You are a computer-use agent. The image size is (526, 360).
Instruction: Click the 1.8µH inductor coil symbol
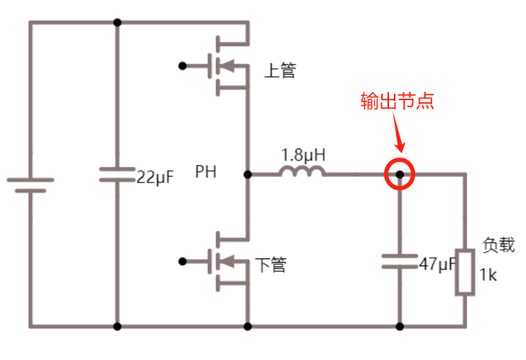(302, 171)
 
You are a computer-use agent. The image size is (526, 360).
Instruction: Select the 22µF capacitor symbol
(117, 175)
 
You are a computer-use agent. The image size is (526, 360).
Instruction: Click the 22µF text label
(155, 178)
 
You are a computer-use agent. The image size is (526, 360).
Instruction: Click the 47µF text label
(437, 264)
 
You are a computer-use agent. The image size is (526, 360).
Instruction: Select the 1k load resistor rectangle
(465, 272)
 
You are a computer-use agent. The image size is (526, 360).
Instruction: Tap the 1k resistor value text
(488, 275)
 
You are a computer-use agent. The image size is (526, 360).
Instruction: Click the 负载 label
(498, 246)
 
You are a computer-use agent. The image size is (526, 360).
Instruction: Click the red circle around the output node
(400, 174)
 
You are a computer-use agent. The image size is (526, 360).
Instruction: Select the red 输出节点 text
(397, 102)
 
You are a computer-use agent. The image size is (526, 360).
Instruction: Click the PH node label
(206, 173)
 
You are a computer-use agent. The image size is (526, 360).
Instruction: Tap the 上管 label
(280, 71)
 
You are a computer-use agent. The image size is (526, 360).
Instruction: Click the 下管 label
(270, 265)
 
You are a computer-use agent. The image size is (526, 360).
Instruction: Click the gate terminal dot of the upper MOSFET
(182, 66)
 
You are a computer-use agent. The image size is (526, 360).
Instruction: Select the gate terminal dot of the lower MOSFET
(182, 261)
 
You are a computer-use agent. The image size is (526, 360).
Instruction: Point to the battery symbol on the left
(30, 185)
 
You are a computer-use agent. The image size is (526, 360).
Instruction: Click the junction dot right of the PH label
(248, 174)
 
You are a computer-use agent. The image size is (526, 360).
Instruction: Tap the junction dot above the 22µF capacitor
(117, 22)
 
